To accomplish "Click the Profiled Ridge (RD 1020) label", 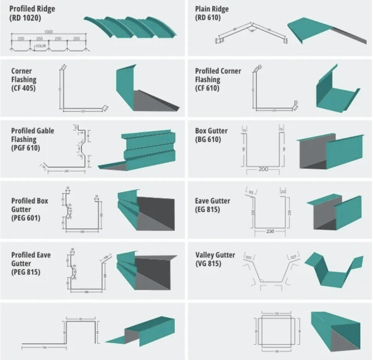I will pos(32,13).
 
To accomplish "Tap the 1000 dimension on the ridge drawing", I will pos(49,32).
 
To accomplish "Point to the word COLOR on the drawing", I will pos(41,46).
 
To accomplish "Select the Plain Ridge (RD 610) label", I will pos(212,13).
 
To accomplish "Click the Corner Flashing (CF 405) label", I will pos(24,79).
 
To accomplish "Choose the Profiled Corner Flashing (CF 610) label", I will pos(218,79).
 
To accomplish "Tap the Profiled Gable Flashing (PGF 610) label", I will pos(32,139).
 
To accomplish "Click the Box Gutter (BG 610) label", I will pos(211,135).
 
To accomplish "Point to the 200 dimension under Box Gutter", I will pos(263,169).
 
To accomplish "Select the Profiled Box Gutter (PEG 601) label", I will pos(30,209).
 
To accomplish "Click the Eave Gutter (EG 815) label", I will pos(212,205).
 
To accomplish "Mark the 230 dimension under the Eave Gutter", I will pos(270,231).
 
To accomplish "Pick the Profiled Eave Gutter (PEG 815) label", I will pos(31,263).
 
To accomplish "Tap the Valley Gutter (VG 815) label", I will pos(215,259).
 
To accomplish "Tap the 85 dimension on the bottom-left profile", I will pos(81,319).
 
